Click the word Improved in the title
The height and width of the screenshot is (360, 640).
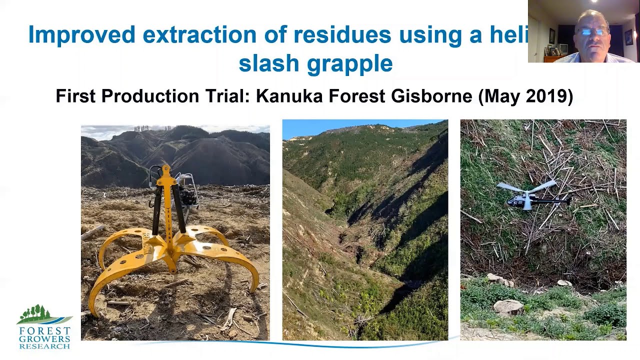click(x=81, y=35)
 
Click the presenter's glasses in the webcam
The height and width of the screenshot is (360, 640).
click(x=593, y=31)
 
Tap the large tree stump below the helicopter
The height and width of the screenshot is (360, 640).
click(x=508, y=306)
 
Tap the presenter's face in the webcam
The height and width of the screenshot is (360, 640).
click(x=593, y=35)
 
